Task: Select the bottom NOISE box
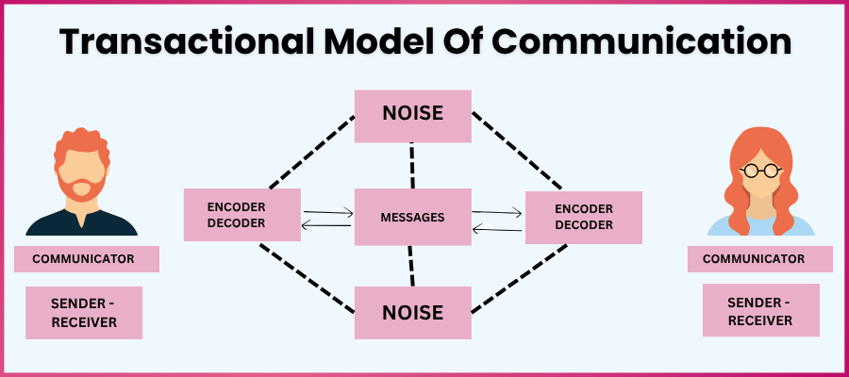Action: (x=412, y=312)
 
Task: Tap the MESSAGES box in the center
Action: (x=412, y=217)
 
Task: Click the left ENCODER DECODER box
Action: (x=241, y=215)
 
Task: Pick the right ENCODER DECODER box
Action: (x=583, y=217)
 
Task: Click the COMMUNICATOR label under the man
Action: (x=86, y=258)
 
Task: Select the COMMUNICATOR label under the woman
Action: (x=759, y=258)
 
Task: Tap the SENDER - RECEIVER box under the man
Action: (x=84, y=313)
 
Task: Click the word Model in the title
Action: (x=363, y=42)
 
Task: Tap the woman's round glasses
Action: (x=760, y=171)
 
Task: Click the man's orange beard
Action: (x=81, y=188)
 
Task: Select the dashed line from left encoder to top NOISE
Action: (x=311, y=151)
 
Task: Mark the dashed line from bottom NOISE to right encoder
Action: (x=519, y=278)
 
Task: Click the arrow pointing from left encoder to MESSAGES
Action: (x=327, y=212)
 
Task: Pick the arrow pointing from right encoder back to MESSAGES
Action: (x=497, y=228)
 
